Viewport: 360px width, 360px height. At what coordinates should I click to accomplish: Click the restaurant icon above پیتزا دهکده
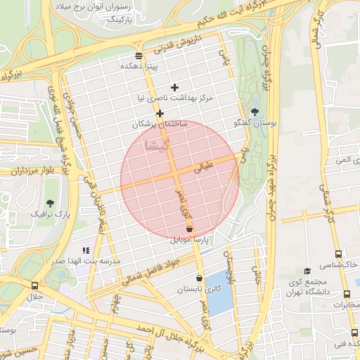pos(139,55)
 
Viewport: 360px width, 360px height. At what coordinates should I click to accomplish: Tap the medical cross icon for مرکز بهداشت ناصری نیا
pos(175,86)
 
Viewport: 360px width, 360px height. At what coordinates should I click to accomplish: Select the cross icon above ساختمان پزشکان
pos(160,113)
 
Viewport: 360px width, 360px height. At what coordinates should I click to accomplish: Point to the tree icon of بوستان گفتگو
pos(255,112)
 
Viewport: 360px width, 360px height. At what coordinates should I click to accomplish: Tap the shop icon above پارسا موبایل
pos(189,229)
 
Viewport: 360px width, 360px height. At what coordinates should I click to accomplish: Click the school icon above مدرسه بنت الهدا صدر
pos(86,250)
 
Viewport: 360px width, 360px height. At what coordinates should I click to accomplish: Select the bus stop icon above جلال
pos(34,285)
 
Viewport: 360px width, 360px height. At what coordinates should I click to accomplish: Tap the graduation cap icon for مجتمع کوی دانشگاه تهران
pos(307,271)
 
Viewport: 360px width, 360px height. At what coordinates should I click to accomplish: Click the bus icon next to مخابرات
pos(347,294)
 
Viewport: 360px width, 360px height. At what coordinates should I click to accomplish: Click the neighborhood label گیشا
pos(155,146)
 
